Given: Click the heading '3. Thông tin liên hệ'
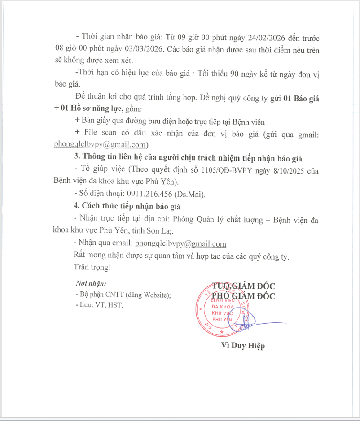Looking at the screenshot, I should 188,158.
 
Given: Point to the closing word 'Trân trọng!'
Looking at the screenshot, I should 92,268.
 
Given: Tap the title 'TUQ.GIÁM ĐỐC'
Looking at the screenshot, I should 244,286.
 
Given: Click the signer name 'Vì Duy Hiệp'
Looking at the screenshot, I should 243,346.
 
